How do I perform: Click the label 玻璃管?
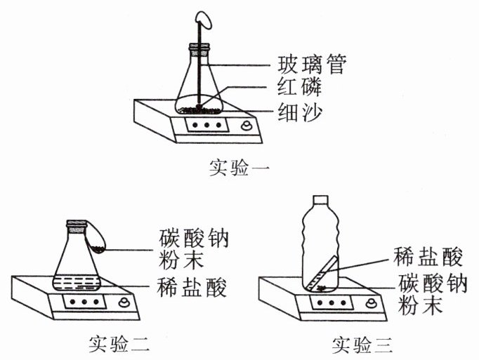coord(312,64)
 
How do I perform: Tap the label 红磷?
coord(300,88)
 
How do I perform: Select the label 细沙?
coord(300,112)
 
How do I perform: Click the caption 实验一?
coord(240,168)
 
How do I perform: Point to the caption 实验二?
coord(119,344)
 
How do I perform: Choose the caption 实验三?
coord(362,345)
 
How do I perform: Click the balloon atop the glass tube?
coord(204,20)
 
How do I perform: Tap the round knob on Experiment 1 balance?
coord(247,126)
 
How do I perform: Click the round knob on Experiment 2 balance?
coord(124,302)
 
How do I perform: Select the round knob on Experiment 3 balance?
coord(372,303)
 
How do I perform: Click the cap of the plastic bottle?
coord(320,200)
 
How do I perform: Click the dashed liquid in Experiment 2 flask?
coord(77,283)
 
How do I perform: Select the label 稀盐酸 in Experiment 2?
coord(192,287)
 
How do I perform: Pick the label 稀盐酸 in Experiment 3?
coord(428,256)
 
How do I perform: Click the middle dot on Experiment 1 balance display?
coord(206,125)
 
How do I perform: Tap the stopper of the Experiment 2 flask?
coord(77,226)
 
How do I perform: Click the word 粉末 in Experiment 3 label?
coord(420,305)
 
